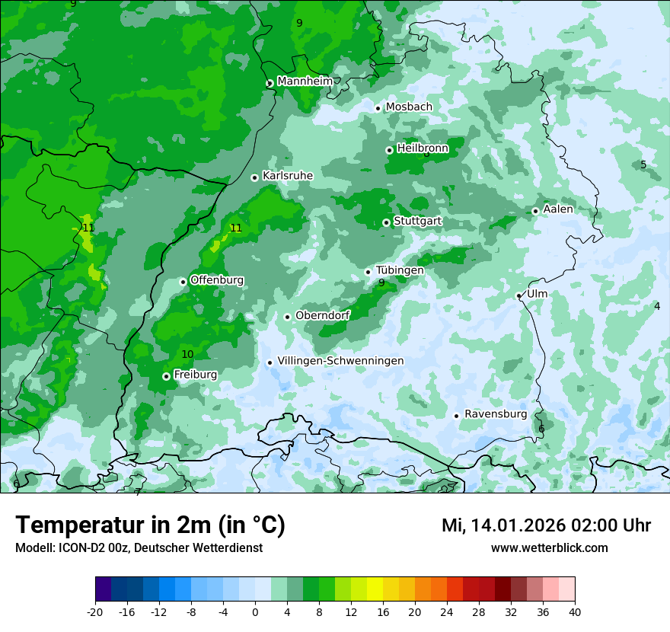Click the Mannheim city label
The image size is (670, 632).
pos(305,81)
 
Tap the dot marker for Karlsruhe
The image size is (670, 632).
pos(255,177)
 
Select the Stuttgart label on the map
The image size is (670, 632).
pos(417,222)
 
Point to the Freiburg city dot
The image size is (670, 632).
pos(166,376)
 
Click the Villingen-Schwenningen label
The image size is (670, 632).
pos(340,361)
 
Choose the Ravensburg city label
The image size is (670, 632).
pos(496,414)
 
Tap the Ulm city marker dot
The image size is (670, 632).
pos(519,295)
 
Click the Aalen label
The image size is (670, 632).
pos(558,209)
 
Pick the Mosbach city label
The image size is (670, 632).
pos(409,107)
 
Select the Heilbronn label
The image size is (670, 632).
pos(423,148)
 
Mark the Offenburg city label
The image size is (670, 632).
pos(217,280)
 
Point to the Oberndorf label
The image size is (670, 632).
pos(323,315)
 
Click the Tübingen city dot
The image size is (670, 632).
pos(368,272)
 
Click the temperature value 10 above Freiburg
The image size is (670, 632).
pos(187,354)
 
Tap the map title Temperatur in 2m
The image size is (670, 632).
pos(150,525)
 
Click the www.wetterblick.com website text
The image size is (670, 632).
pos(549,548)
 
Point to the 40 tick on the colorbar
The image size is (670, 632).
pos(574,611)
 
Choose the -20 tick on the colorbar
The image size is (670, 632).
pos(95,611)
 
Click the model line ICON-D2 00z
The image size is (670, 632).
pos(139,548)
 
